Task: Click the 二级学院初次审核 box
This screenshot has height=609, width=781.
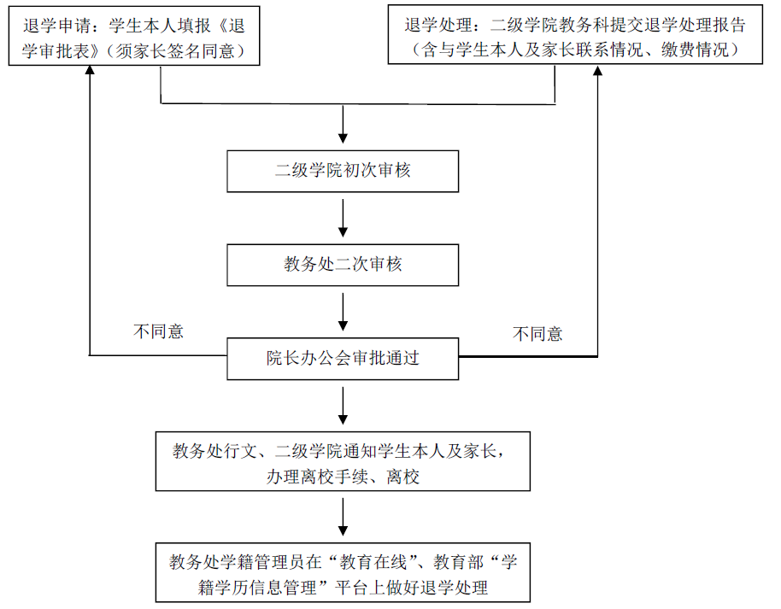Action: pos(343,171)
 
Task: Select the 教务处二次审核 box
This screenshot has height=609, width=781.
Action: pos(343,265)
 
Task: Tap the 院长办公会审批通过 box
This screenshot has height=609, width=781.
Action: pos(343,359)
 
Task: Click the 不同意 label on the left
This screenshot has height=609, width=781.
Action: pos(158,331)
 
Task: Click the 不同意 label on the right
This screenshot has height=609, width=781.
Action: pos(537,334)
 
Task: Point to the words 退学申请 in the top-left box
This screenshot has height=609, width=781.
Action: pos(51,26)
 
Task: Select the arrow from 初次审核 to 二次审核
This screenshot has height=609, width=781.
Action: pos(343,219)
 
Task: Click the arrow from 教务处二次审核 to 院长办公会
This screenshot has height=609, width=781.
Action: pos(343,313)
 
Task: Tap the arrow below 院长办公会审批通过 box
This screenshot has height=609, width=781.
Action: pos(343,407)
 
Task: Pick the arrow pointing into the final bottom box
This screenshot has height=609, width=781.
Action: pos(343,518)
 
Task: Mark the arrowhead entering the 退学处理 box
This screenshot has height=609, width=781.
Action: pos(597,73)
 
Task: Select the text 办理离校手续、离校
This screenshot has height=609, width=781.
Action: pos(343,477)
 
